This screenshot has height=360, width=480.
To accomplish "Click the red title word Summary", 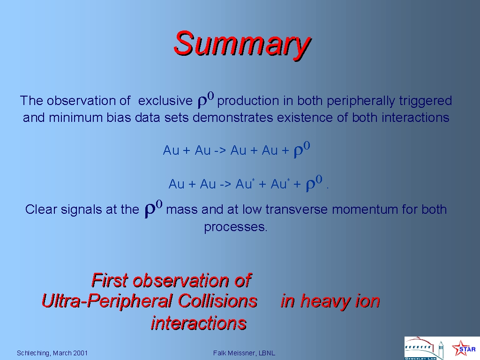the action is [x=242, y=45].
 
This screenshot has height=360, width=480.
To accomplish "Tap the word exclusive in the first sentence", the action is [x=165, y=101].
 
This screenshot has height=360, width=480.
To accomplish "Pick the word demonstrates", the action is [x=232, y=118].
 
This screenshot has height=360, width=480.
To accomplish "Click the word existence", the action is [x=305, y=118].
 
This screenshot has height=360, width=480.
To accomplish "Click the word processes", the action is [x=236, y=227].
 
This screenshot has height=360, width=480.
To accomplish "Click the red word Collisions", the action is [x=217, y=300].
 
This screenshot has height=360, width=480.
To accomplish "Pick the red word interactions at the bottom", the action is [x=199, y=323].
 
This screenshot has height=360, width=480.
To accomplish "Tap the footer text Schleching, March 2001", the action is [x=52, y=353].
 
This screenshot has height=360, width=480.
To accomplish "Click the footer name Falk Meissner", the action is [x=234, y=353].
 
